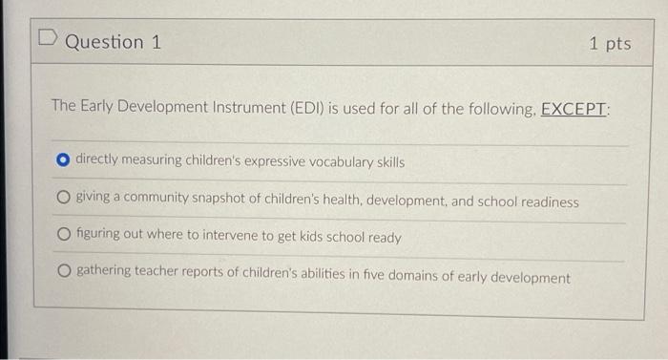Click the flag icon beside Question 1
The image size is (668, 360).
tap(49, 42)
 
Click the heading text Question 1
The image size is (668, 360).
tap(113, 43)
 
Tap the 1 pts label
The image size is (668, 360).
tap(609, 44)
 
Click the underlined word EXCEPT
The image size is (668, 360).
tap(574, 108)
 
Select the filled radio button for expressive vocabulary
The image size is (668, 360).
tap(64, 161)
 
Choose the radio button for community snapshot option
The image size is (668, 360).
tap(64, 201)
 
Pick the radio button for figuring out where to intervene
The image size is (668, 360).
tap(64, 237)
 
